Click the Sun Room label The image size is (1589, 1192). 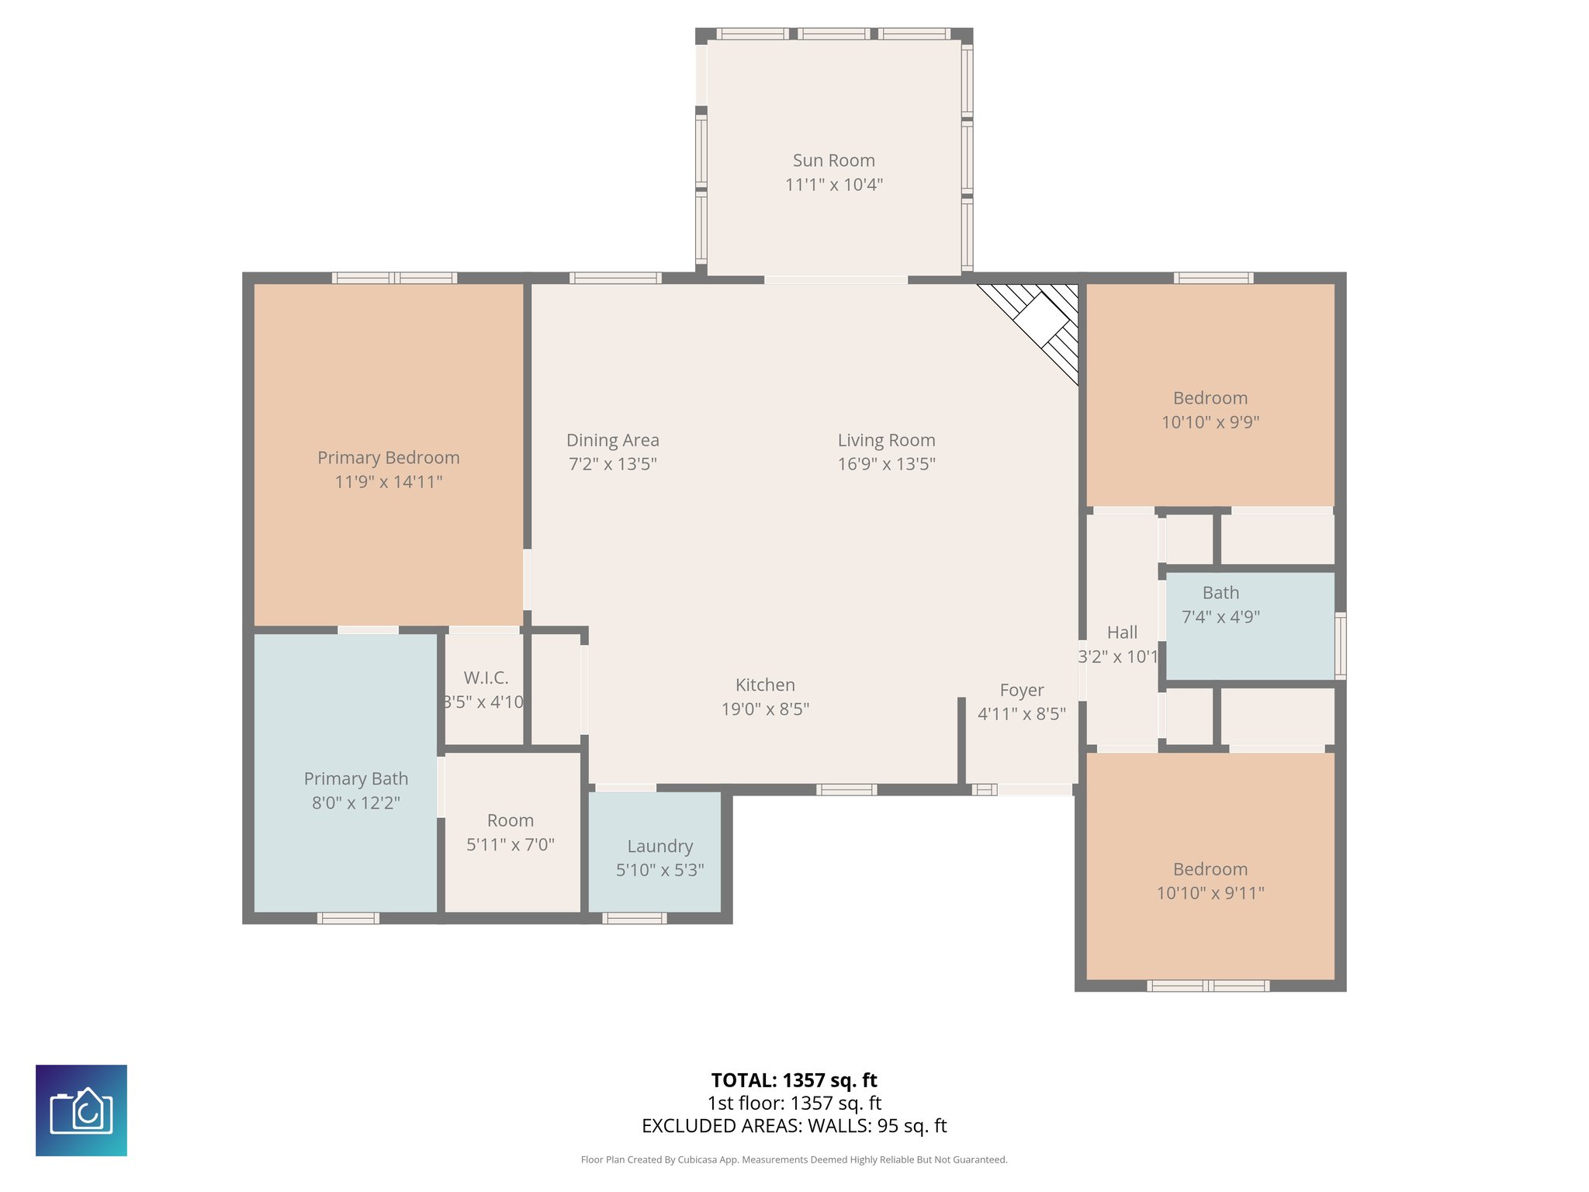click(833, 161)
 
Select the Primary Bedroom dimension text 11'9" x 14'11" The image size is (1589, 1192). click(388, 482)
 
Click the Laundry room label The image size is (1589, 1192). click(659, 846)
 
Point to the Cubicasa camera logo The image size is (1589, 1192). click(81, 1110)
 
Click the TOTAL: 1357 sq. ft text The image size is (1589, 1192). click(794, 1079)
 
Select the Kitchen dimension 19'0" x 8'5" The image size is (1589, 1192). click(765, 709)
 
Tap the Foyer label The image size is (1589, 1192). click(1021, 690)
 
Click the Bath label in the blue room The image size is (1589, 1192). click(1220, 593)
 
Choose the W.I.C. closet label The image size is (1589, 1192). click(486, 677)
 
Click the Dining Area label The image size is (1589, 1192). click(612, 440)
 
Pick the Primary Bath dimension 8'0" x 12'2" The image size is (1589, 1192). click(355, 802)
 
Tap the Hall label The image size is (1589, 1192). click(1122, 632)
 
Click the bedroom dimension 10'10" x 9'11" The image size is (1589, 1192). click(1210, 893)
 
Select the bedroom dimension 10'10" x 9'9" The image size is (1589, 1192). click(1210, 422)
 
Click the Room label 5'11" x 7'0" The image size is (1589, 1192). click(510, 820)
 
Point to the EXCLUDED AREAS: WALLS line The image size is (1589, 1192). click(794, 1125)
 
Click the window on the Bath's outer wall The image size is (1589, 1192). click(1340, 645)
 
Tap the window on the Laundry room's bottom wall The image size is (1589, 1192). click(634, 918)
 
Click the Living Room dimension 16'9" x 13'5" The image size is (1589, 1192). click(886, 464)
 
